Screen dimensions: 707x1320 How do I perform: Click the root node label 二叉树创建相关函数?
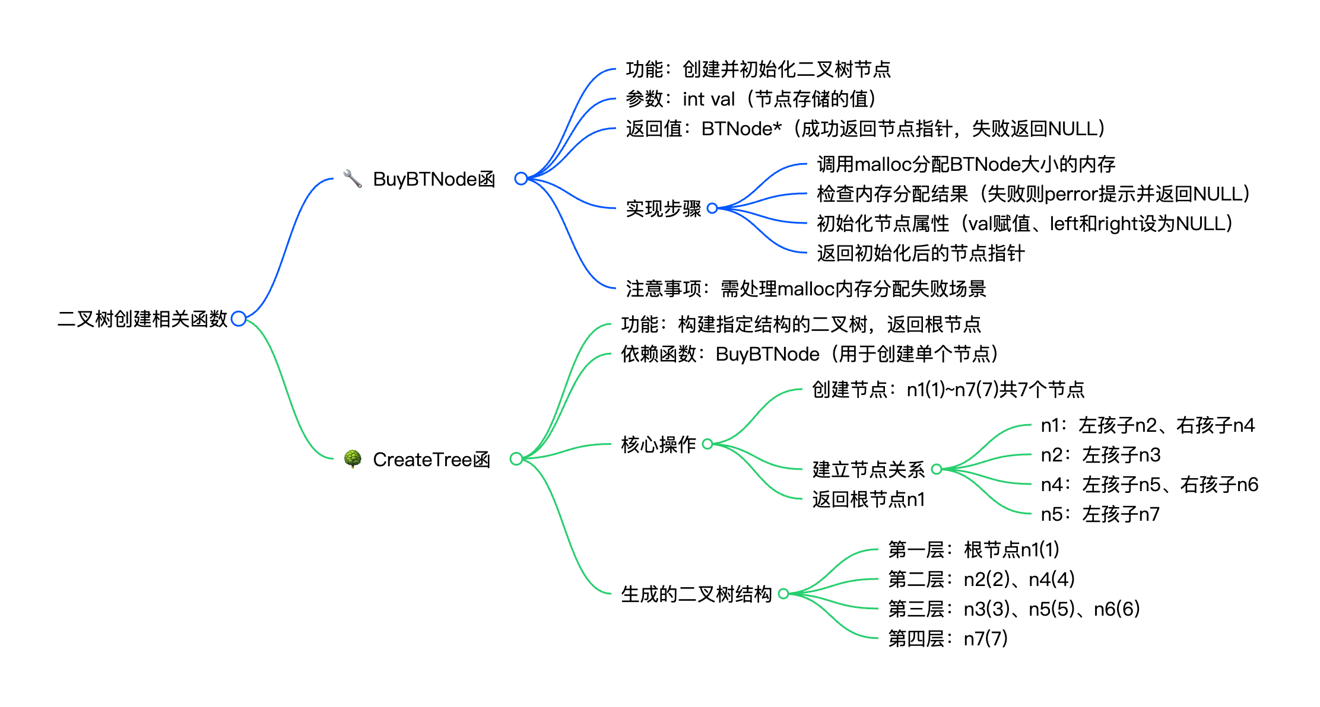click(x=142, y=319)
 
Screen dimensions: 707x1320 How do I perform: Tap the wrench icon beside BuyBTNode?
click(x=353, y=179)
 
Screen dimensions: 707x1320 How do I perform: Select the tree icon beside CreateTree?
click(x=353, y=458)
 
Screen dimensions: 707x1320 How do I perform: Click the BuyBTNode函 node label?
click(x=434, y=179)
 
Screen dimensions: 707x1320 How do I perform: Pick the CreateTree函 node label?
click(x=431, y=460)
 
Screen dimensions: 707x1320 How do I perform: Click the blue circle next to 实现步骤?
click(x=712, y=208)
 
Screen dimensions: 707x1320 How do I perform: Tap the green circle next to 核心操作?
click(x=707, y=444)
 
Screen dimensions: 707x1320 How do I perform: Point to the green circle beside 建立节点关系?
click(x=937, y=469)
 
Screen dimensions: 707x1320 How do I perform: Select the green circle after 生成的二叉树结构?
click(x=783, y=594)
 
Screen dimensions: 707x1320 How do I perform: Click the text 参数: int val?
click(x=751, y=99)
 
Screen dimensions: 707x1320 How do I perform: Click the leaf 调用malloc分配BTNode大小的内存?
click(x=966, y=164)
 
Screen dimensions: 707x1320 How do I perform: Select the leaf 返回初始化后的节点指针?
click(x=921, y=253)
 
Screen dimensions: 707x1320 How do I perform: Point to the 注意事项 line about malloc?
click(x=805, y=289)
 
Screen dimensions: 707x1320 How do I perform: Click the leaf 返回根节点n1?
click(x=868, y=499)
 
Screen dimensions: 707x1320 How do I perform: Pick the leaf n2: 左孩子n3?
click(x=1100, y=455)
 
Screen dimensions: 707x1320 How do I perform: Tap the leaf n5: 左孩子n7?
click(x=1100, y=514)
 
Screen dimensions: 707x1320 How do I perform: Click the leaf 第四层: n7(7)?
click(x=947, y=639)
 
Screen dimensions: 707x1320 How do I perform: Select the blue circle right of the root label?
click(x=239, y=319)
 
